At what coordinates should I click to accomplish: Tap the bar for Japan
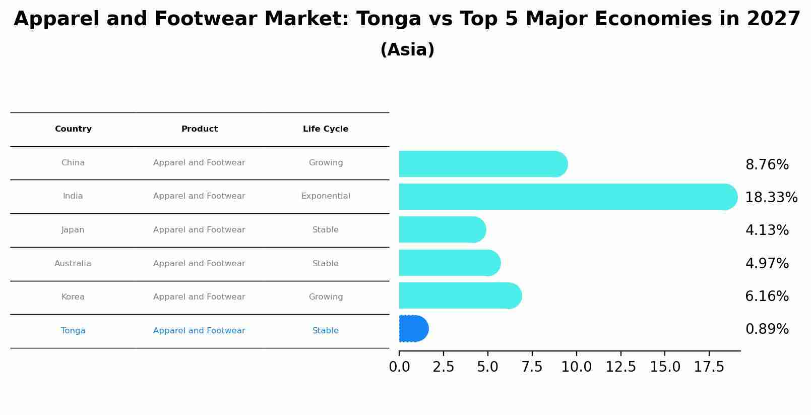[442, 229]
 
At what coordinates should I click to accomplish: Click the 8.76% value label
[767, 165]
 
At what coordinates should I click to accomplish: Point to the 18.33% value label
[771, 198]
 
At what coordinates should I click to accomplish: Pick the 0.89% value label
[767, 329]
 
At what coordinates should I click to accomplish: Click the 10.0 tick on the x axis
[576, 367]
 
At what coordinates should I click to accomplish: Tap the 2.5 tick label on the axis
[443, 367]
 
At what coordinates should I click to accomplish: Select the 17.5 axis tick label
[709, 367]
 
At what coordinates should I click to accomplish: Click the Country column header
[73, 129]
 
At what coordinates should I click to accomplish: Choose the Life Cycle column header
[326, 129]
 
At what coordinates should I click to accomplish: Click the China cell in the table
[73, 163]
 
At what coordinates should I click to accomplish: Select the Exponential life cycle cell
[326, 196]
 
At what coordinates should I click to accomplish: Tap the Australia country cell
[73, 264]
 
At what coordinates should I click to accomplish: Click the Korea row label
[73, 297]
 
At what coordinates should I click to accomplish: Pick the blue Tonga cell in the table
[73, 331]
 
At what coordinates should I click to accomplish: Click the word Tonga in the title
[388, 19]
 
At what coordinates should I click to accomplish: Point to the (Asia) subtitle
[407, 50]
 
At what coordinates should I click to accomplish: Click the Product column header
[200, 129]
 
